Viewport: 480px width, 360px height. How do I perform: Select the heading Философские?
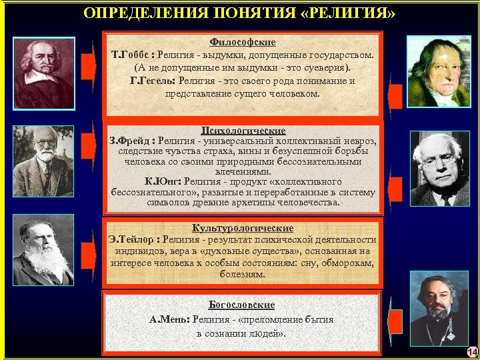coord(243,42)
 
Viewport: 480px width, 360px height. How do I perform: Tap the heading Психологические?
coord(243,131)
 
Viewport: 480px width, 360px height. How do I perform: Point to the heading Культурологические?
coord(243,228)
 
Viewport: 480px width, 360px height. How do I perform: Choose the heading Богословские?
coord(241,305)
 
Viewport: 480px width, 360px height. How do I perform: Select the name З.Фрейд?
coord(130,141)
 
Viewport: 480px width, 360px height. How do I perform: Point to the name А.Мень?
coord(169,319)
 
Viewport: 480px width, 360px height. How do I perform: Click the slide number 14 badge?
coord(472,352)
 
